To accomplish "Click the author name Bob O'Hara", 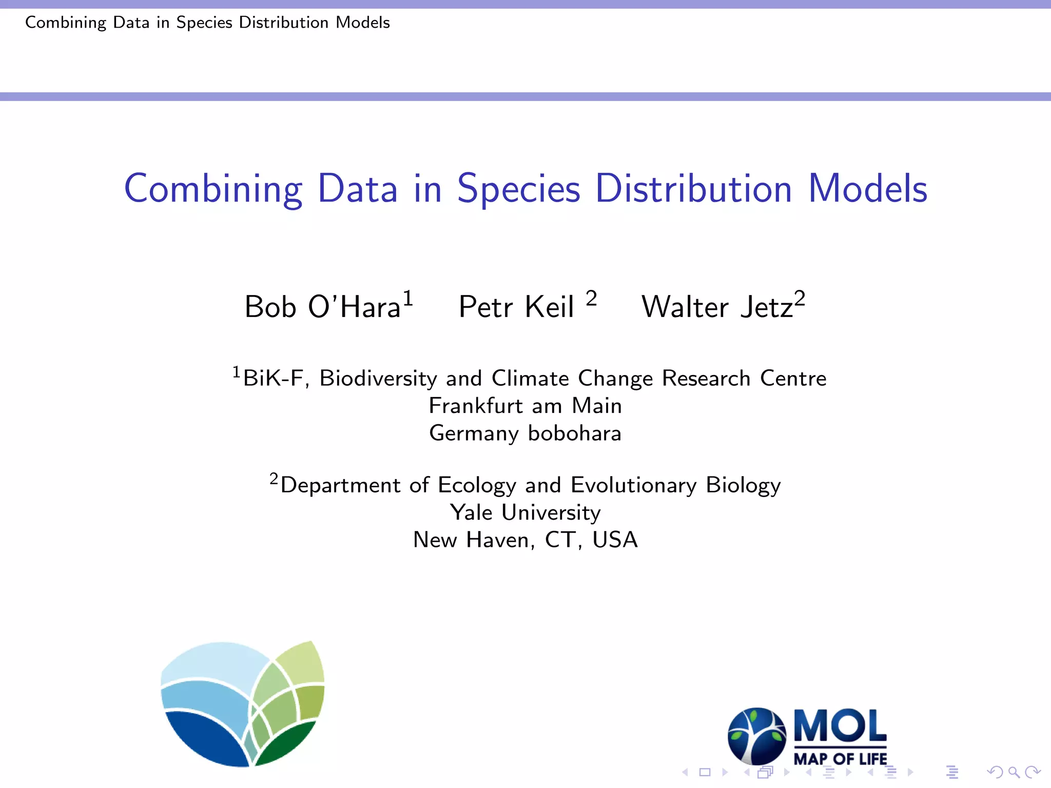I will coord(322,307).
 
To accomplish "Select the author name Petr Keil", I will coord(516,307).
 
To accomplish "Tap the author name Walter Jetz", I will coord(717,307).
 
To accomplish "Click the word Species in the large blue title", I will coord(518,189).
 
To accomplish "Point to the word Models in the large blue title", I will coord(868,189).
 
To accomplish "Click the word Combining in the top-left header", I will coord(66,23).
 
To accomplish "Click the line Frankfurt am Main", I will coord(525,406).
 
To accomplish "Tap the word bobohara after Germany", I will coord(575,434).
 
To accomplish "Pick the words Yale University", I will coord(525,513).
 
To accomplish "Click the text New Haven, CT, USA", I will coord(525,540).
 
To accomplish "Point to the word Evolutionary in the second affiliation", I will coord(633,485).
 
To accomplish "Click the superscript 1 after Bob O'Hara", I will coord(407,298).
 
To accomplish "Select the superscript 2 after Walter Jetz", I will coord(800,298).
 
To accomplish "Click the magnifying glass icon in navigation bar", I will coord(1014,772).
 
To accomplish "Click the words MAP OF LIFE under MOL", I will coord(840,759).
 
